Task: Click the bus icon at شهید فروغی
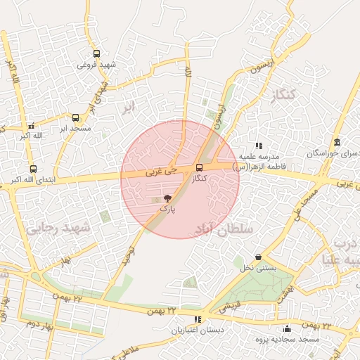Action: [x=96, y=53]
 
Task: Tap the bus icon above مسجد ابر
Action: [x=75, y=117]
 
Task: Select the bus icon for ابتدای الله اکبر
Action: [x=33, y=169]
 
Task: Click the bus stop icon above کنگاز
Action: [x=200, y=168]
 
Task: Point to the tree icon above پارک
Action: [x=167, y=198]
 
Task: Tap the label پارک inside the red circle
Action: [x=167, y=208]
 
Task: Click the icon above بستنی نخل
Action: [x=259, y=257]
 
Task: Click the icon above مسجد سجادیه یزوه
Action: [x=287, y=328]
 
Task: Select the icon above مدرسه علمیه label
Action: [x=258, y=145]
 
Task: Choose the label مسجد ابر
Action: [x=72, y=129]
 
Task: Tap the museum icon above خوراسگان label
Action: [x=337, y=142]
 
